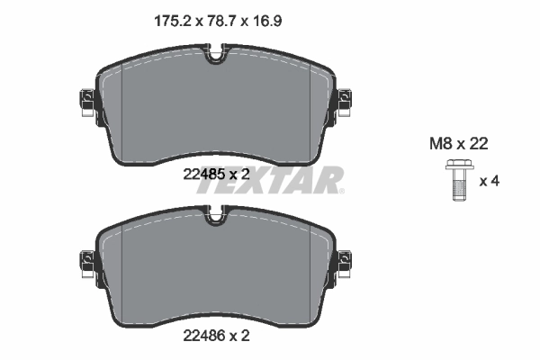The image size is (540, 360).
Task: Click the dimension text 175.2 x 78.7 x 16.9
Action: (x=214, y=15)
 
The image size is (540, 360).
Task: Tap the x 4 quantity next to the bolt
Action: (x=489, y=181)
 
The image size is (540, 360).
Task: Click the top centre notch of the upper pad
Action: (x=215, y=56)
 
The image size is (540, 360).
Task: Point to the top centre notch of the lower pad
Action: (x=215, y=216)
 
